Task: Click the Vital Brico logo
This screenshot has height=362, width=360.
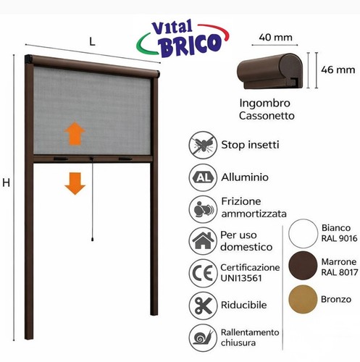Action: tap(183, 38)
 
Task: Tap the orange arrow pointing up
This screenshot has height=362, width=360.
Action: tap(75, 133)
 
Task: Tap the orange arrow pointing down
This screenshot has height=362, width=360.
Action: tap(75, 184)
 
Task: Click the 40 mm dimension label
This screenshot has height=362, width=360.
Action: tap(275, 38)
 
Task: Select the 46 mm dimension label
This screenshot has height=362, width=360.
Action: tap(338, 70)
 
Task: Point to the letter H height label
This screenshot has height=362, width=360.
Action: tap(7, 182)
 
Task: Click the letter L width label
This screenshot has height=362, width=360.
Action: tap(92, 42)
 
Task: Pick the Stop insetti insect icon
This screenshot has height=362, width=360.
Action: tap(203, 145)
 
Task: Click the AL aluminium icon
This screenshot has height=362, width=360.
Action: tap(203, 177)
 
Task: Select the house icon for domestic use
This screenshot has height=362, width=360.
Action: tap(203, 241)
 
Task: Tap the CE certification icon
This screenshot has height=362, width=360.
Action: tap(203, 273)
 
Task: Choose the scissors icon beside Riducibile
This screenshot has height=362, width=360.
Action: tap(203, 306)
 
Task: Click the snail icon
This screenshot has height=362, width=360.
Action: tap(203, 337)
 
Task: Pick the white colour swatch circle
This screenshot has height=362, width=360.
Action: tap(303, 233)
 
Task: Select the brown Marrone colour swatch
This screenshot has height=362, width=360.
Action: tap(303, 266)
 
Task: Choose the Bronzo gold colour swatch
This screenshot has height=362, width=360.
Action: tap(303, 299)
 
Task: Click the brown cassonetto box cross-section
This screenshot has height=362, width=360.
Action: tap(269, 71)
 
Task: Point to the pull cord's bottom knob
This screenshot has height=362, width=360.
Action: tap(93, 239)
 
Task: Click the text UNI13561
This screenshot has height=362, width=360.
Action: tap(241, 278)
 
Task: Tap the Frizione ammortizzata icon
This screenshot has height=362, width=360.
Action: tap(203, 209)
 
